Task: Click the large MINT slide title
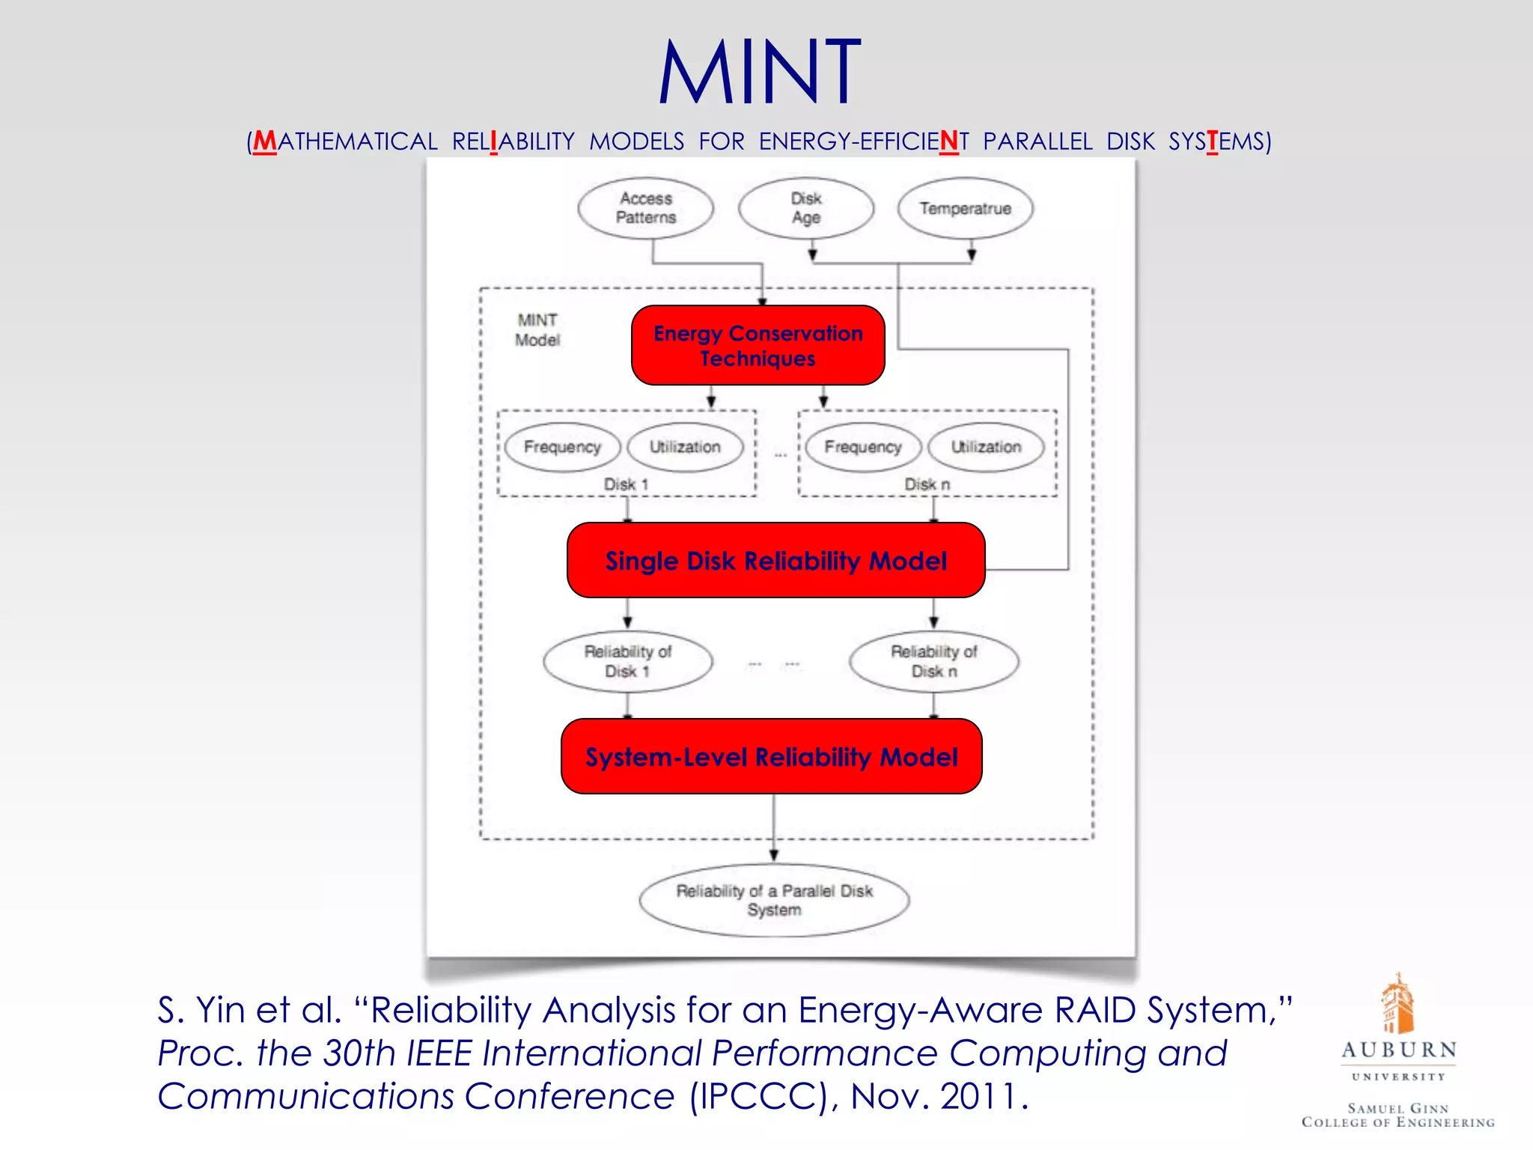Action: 759,73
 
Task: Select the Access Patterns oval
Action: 645,208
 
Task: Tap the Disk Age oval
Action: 805,208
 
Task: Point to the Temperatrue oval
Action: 965,208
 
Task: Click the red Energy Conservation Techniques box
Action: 758,345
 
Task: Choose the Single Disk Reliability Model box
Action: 775,560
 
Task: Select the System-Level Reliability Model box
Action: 771,756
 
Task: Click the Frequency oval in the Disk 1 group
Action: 562,447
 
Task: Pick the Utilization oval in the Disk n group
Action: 986,447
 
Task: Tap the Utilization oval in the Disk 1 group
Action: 685,447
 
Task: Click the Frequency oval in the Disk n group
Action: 862,447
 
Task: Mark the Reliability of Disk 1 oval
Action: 627,661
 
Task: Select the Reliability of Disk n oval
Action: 933,661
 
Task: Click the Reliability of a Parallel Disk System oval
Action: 774,900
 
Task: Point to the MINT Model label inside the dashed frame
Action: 537,330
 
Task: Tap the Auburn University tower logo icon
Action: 1397,1003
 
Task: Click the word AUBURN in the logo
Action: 1398,1050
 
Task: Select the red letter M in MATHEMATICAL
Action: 264,142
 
